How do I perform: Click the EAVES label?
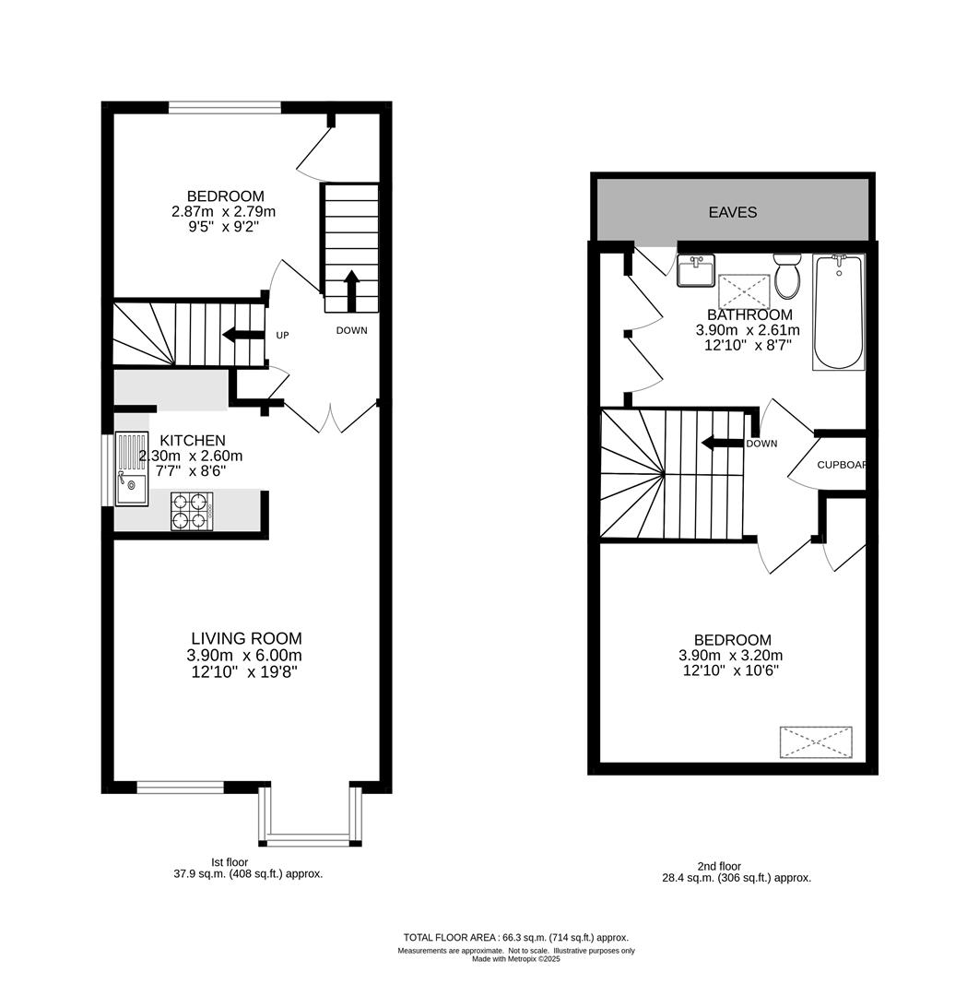pyautogui.click(x=732, y=212)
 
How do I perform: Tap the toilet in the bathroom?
pyautogui.click(x=787, y=276)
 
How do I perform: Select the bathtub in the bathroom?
pyautogui.click(x=839, y=312)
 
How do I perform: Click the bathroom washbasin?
pyautogui.click(x=695, y=270)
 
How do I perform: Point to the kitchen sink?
pyautogui.click(x=132, y=469)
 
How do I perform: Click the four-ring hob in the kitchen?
pyautogui.click(x=192, y=511)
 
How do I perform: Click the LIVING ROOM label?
pyautogui.click(x=246, y=638)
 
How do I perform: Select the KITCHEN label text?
pyautogui.click(x=193, y=440)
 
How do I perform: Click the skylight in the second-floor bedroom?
pyautogui.click(x=816, y=741)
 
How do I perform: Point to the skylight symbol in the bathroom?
pyautogui.click(x=744, y=291)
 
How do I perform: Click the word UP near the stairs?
pyautogui.click(x=282, y=335)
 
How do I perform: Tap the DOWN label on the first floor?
pyautogui.click(x=352, y=330)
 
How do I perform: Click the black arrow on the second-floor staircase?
pyautogui.click(x=722, y=442)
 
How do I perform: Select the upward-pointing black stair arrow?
pyautogui.click(x=351, y=290)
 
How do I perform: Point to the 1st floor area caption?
pyautogui.click(x=248, y=868)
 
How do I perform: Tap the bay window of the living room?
pyautogui.click(x=310, y=817)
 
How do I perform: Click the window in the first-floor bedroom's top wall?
pyautogui.click(x=225, y=108)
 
